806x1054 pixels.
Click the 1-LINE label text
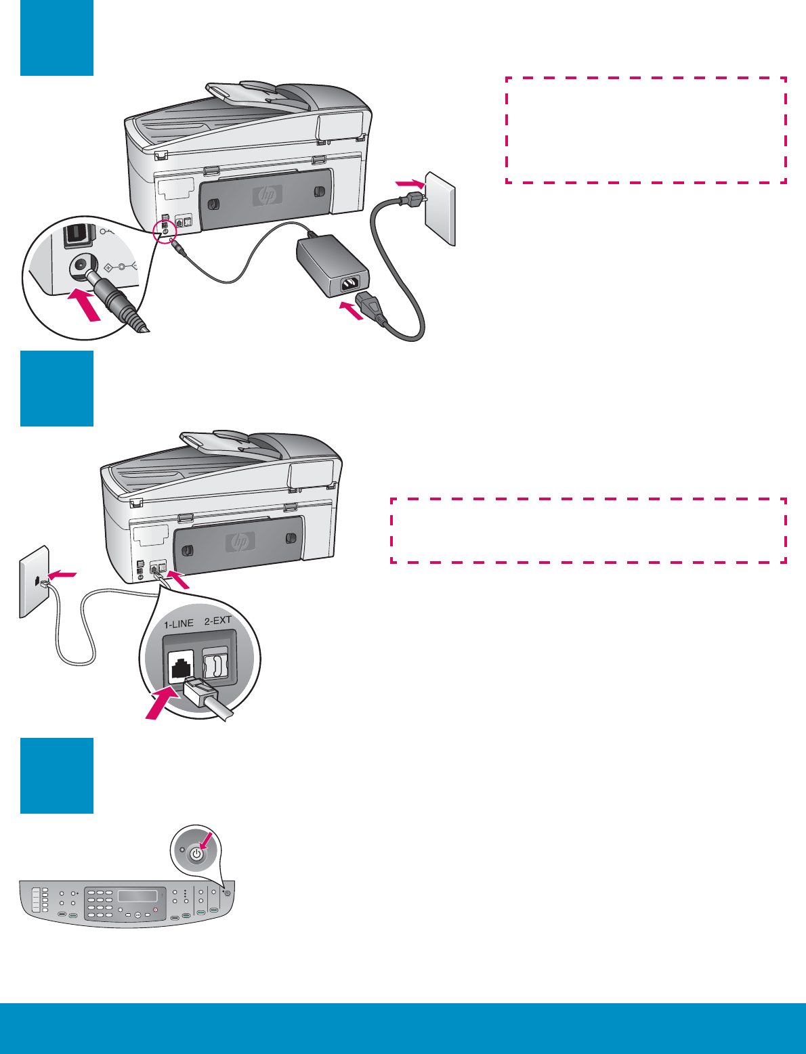click(x=179, y=623)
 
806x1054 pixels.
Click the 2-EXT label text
click(x=218, y=620)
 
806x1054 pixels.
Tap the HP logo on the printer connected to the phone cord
click(x=240, y=542)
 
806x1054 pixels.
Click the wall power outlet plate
click(x=440, y=207)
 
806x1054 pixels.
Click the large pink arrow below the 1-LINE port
click(x=163, y=703)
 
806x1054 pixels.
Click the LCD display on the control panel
click(x=137, y=896)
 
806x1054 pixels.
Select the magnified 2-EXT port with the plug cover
click(x=215, y=665)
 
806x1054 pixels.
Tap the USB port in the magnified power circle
click(x=76, y=235)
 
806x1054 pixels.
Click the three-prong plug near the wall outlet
click(x=408, y=200)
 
